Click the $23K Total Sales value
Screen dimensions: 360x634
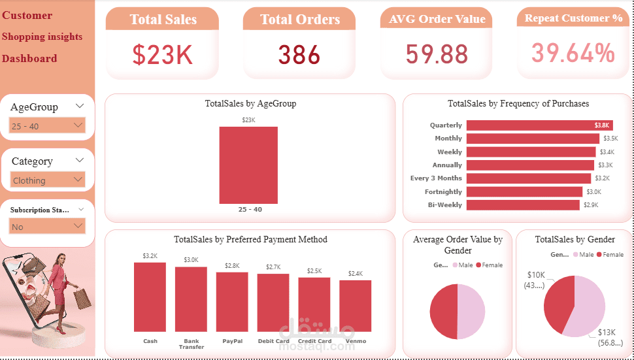click(x=162, y=55)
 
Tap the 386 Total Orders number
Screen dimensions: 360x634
click(x=299, y=55)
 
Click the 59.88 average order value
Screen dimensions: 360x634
click(x=437, y=54)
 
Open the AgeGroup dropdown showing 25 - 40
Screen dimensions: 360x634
click(x=48, y=125)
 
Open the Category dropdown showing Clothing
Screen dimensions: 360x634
click(x=48, y=180)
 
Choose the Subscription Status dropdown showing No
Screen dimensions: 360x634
click(x=48, y=226)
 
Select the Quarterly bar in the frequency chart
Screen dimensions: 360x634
click(x=539, y=125)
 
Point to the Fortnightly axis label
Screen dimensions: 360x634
click(x=443, y=192)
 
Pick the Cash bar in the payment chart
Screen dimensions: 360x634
click(x=150, y=297)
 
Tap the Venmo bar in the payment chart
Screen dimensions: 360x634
click(x=356, y=306)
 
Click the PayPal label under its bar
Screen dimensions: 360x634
click(x=232, y=341)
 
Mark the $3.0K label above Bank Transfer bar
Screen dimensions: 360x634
click(x=191, y=260)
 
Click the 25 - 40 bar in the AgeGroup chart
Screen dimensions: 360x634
click(x=248, y=165)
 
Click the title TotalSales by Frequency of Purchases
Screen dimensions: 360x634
click(x=518, y=103)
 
